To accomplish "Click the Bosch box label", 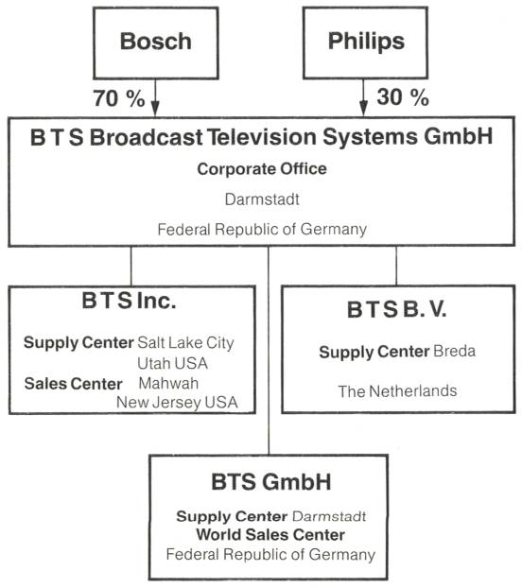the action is point(156,41).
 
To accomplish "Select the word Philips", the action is point(366,42).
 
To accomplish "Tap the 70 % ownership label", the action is point(119,98).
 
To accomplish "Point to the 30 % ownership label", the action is point(403,97).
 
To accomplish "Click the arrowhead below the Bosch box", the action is point(155,109).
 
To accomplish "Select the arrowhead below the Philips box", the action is point(363,108).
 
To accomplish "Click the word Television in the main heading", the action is point(261,136).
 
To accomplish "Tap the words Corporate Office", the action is point(262,169).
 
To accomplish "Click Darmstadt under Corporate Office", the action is point(262,199).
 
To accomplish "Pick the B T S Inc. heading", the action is point(129,301).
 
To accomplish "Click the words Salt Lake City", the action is point(185,343).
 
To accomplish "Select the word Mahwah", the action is point(168,383).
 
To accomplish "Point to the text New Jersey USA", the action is point(177,403).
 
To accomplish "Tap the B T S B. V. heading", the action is point(397,310).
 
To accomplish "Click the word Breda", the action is point(455,352).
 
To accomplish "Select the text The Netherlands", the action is point(397,391).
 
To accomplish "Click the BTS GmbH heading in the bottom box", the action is point(271,482).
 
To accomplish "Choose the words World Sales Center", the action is point(270,535).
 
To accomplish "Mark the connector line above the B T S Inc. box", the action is point(130,266).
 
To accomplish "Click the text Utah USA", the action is point(172,363).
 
